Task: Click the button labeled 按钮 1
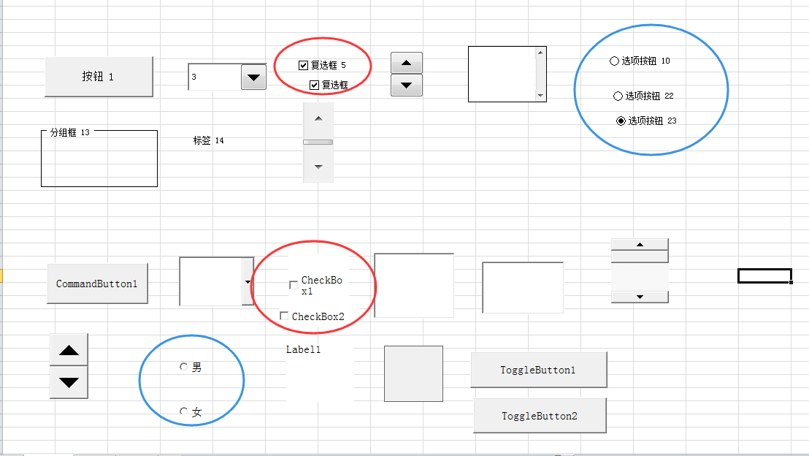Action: point(99,77)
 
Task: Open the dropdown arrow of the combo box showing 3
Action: point(253,77)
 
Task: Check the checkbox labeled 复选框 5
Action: point(304,65)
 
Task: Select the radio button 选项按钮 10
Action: point(614,61)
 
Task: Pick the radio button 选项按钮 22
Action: point(618,96)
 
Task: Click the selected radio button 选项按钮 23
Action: point(621,121)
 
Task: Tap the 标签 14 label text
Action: point(208,140)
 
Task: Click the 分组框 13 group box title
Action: point(69,132)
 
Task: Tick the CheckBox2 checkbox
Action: point(284,316)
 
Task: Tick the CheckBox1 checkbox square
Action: point(294,285)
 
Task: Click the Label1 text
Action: point(303,349)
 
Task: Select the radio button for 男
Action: point(183,367)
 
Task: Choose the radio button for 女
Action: point(183,411)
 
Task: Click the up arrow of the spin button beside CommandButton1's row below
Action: point(69,350)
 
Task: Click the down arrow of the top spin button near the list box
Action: point(407,85)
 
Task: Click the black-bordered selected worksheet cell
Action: point(764,275)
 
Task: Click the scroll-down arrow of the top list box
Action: point(540,95)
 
